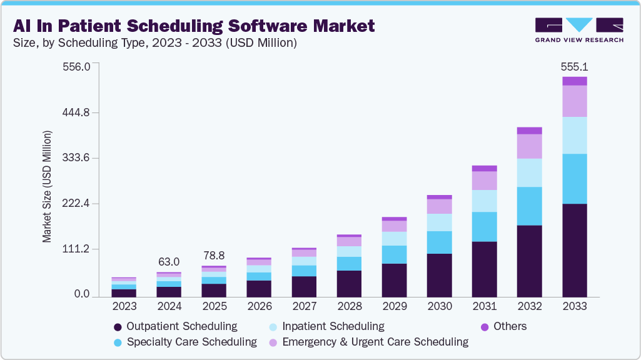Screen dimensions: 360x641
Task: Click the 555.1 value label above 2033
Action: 575,67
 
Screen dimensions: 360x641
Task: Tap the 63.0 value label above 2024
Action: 169,261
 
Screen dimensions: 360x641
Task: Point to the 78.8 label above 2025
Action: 214,256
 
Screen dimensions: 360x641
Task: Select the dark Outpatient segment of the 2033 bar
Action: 575,249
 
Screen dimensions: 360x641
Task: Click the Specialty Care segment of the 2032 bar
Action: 529,206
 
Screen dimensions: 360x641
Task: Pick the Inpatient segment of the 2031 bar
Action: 485,201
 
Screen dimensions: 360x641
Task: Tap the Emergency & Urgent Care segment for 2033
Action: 575,101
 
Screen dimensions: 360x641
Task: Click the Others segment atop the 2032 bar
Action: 529,131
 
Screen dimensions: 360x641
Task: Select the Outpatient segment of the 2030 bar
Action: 439,274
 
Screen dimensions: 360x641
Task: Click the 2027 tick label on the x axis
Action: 304,306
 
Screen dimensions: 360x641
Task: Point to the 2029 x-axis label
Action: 394,306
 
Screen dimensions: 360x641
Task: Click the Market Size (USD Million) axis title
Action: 47,187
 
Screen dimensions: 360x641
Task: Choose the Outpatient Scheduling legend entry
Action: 181,326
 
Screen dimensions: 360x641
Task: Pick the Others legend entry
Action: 510,326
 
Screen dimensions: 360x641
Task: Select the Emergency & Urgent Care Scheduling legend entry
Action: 375,342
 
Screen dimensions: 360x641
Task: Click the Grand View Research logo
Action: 578,29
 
